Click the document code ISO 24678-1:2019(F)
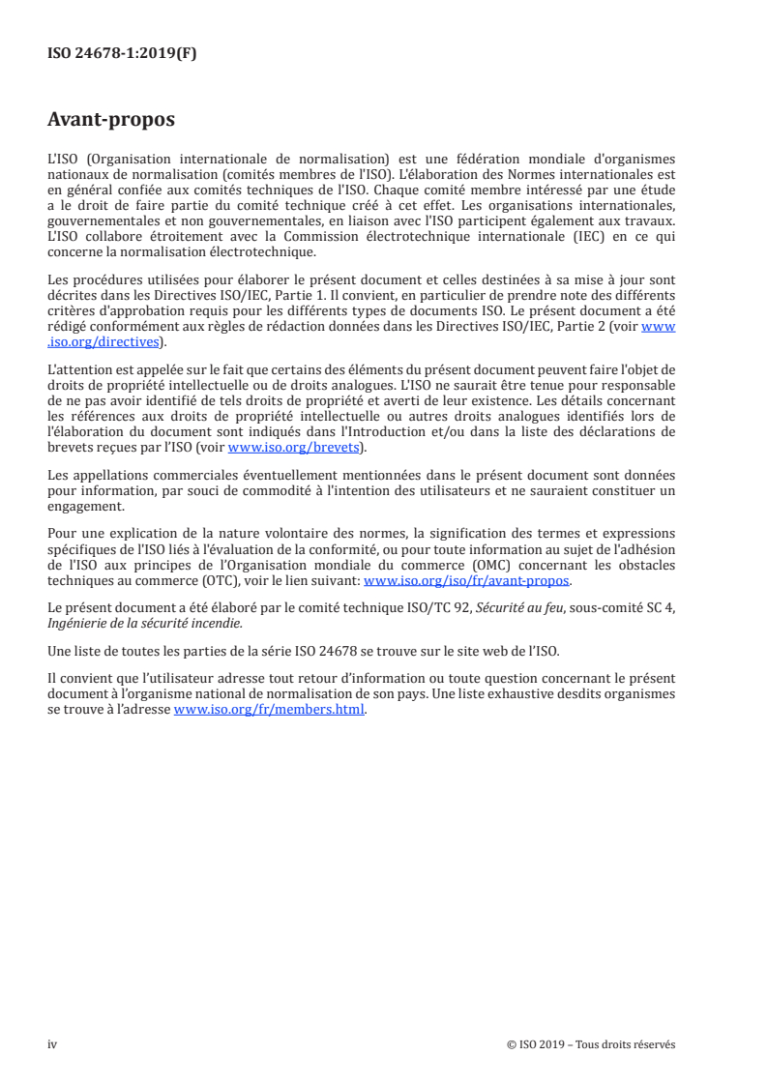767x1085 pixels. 122,54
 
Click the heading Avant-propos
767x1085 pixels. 111,120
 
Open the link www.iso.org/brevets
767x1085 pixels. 292,448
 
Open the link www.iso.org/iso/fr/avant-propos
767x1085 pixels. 466,581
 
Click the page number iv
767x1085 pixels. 52,1043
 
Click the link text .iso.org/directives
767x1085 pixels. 104,340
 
